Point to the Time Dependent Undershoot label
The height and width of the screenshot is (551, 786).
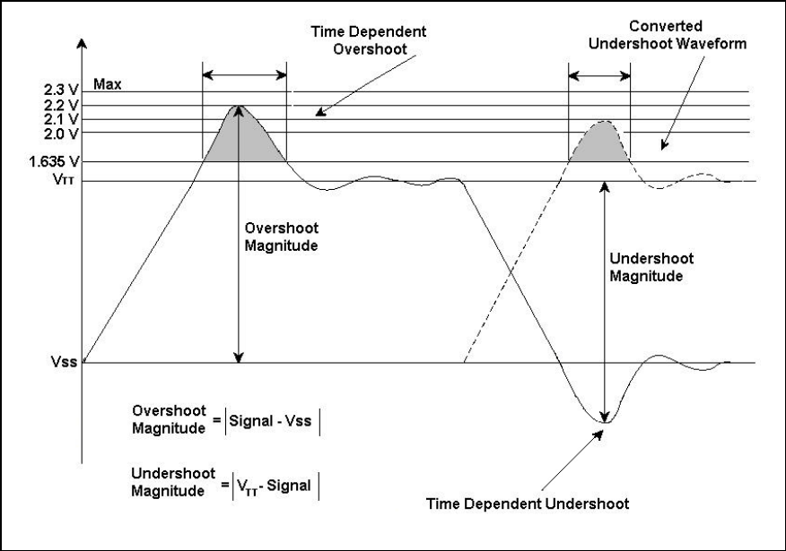[543, 503]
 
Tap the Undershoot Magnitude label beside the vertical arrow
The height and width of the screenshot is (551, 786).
[647, 268]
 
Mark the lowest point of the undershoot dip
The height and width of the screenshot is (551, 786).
[606, 420]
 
